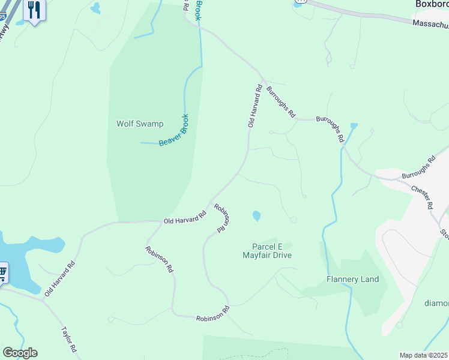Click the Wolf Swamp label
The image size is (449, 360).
(x=139, y=124)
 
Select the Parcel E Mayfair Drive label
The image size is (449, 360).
(x=267, y=251)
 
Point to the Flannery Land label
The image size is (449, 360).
(x=352, y=279)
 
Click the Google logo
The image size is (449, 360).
(x=20, y=353)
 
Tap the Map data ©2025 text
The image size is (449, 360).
(x=424, y=355)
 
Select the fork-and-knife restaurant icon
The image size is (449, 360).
(x=34, y=10)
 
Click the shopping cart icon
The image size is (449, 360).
(x=2, y=274)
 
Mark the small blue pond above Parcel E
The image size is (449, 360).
(x=256, y=215)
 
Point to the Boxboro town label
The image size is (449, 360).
(x=432, y=4)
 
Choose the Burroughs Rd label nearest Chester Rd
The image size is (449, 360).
(x=418, y=169)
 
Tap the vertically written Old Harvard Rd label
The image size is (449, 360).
(x=255, y=106)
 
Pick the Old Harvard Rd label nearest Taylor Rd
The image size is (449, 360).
(x=59, y=278)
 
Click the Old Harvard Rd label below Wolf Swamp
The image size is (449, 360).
(x=185, y=217)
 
